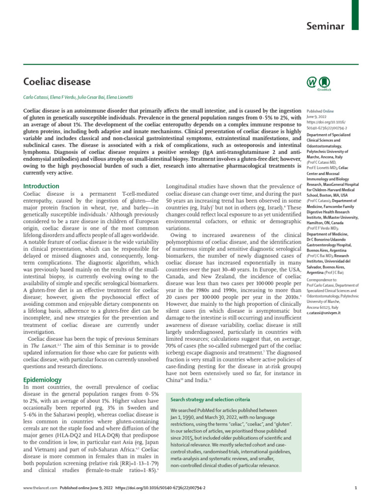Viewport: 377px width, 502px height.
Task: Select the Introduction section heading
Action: coord(41,186)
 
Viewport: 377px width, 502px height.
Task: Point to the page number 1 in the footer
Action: coord(355,488)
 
